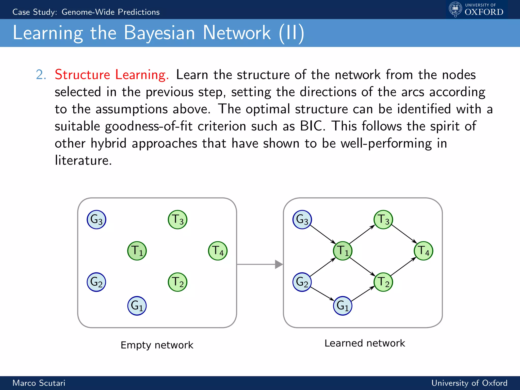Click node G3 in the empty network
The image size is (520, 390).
click(x=96, y=220)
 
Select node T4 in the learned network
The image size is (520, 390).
click(x=423, y=251)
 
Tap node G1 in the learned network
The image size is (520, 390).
click(x=343, y=306)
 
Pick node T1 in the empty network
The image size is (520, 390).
click(x=137, y=251)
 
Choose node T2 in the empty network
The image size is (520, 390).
click(x=177, y=282)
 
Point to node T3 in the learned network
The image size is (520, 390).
click(x=383, y=220)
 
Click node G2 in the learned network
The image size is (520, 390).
click(x=302, y=282)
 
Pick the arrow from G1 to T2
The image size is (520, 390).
click(x=363, y=294)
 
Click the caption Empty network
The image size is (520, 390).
click(x=157, y=345)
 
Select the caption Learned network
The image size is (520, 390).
click(x=365, y=343)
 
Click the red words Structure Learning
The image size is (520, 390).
click(x=112, y=75)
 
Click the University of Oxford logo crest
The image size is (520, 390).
click(x=456, y=9)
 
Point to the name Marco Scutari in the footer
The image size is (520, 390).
click(x=39, y=383)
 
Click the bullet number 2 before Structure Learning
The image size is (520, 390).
click(x=41, y=75)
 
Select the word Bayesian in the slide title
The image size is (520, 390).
click(x=159, y=33)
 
